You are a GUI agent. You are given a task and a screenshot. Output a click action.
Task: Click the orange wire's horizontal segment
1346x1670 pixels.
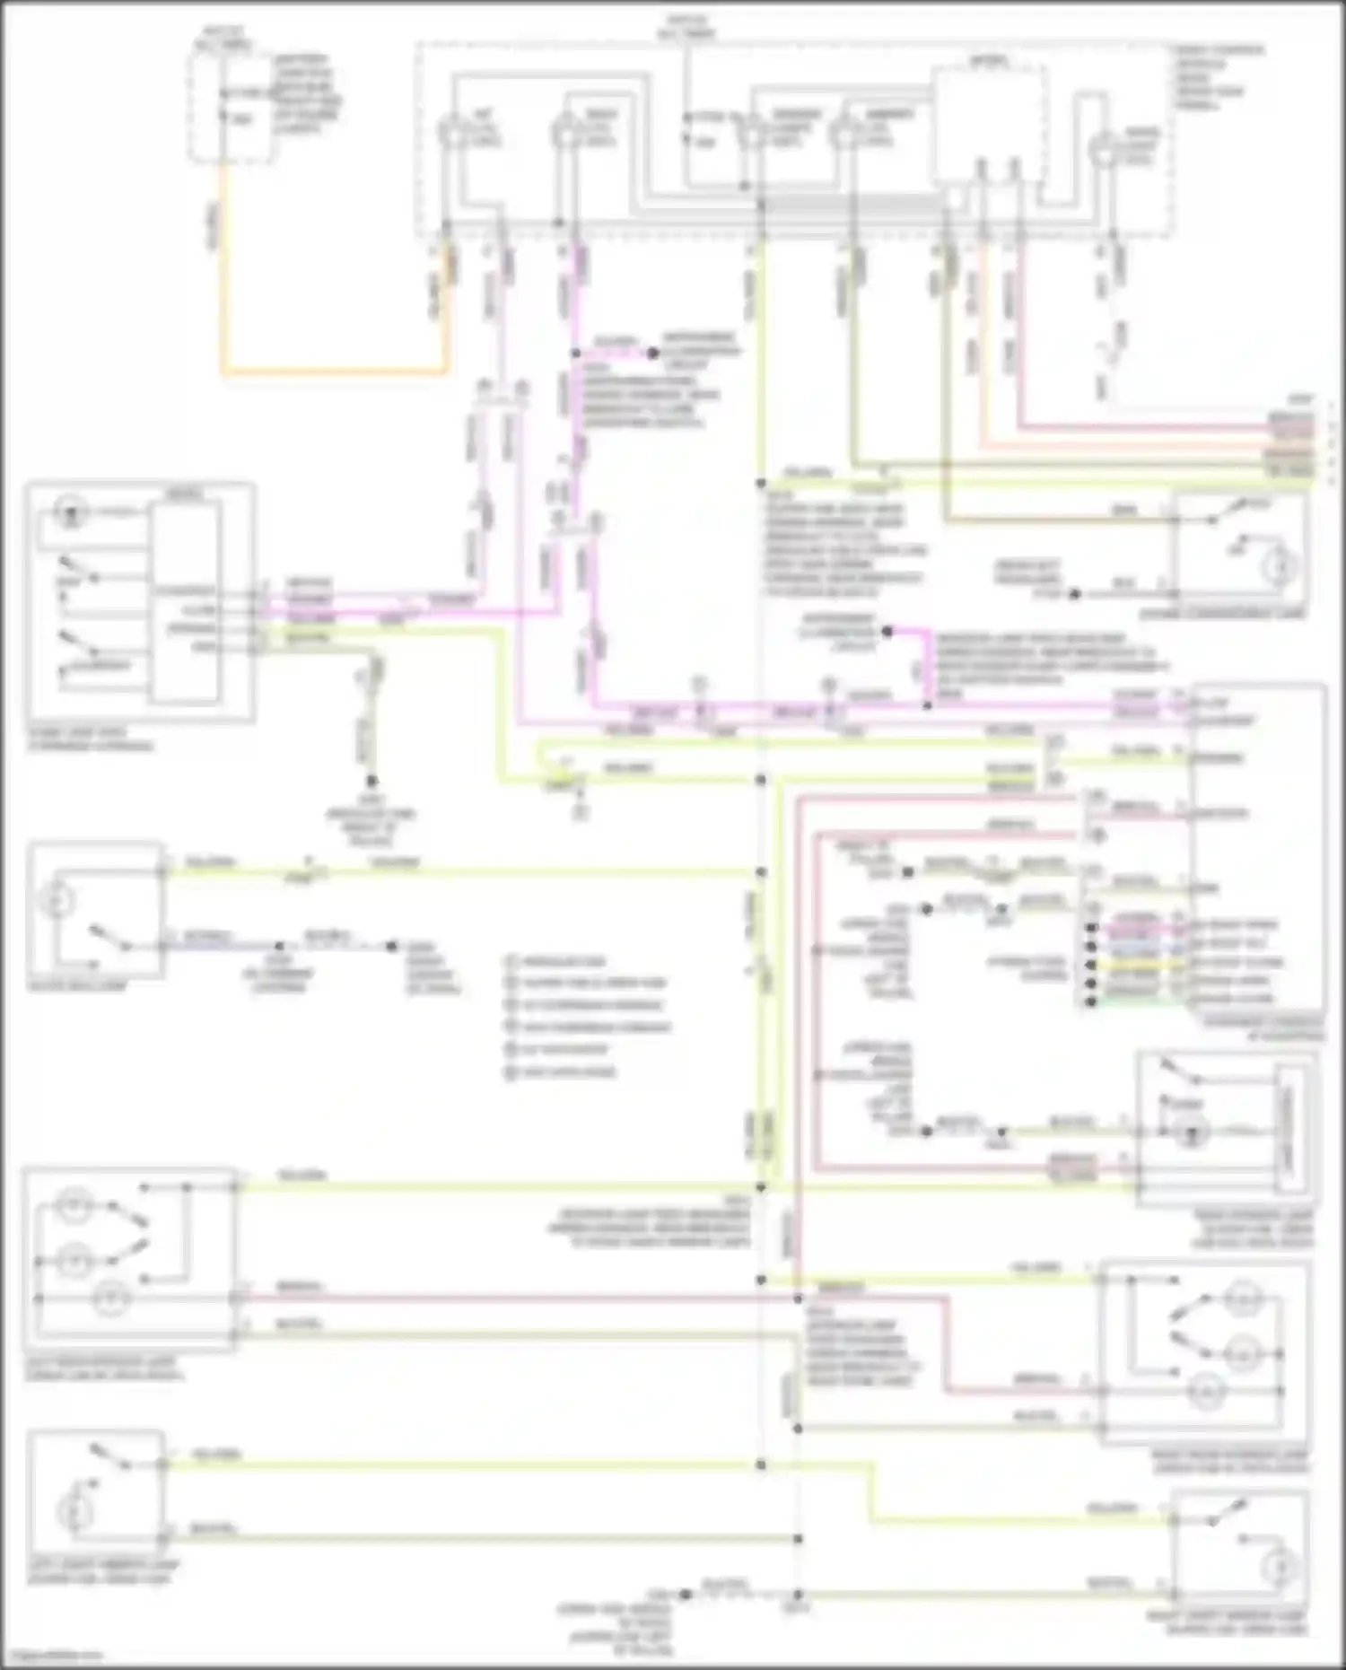332,371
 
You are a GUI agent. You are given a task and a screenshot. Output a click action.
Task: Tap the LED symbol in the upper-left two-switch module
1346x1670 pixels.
67,514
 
